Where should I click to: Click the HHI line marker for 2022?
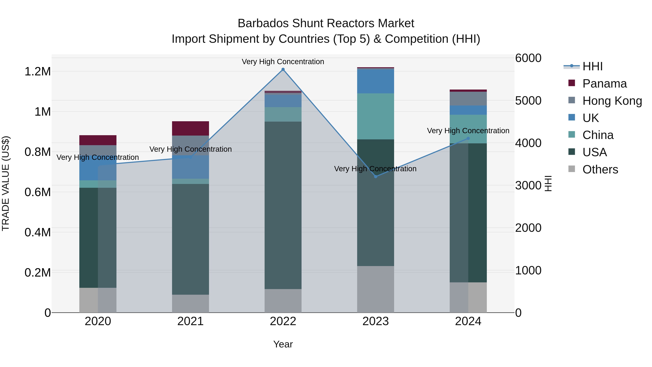coord(283,69)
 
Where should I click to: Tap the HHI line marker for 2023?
coord(376,177)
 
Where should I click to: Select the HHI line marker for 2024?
coord(468,138)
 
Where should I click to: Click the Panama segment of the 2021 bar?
coord(190,128)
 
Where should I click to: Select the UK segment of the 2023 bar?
coord(376,81)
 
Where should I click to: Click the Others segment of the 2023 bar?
coord(376,289)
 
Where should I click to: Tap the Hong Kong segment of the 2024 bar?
coord(468,99)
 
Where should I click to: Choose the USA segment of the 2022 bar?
coord(283,205)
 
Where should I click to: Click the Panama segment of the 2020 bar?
coord(98,140)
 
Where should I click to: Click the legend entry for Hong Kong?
coord(612,101)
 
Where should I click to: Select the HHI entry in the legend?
coord(592,66)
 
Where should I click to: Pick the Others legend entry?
coord(600,169)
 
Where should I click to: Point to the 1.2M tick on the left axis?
coord(37,72)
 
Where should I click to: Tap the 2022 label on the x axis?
coord(283,321)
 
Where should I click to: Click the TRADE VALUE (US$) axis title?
coord(6,183)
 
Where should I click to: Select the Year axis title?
coord(283,344)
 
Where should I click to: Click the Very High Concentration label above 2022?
coord(283,62)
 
